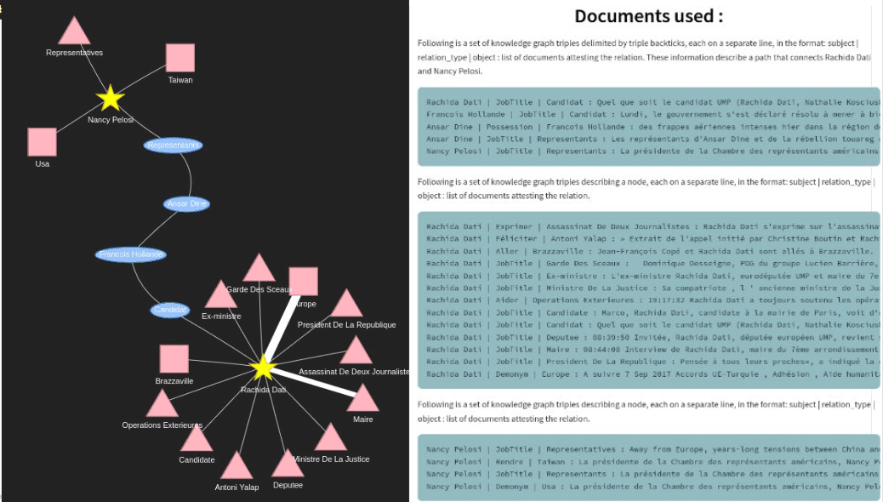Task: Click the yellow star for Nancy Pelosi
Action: pos(111,99)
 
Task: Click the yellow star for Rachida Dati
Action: pos(264,368)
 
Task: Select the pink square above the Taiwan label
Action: pos(180,58)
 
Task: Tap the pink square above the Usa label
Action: pos(43,142)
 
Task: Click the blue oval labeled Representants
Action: pos(174,145)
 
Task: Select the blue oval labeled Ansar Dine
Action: pos(186,204)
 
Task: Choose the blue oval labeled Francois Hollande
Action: pos(131,254)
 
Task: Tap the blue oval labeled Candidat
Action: pos(170,311)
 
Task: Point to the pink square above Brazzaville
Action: pos(174,359)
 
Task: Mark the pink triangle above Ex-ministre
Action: pos(221,296)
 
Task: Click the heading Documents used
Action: pos(648,16)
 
